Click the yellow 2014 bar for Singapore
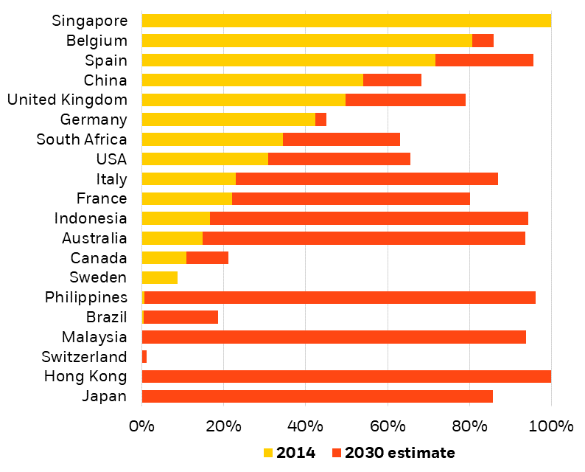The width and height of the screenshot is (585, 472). [x=346, y=21]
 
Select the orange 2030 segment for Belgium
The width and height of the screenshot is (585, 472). [x=483, y=41]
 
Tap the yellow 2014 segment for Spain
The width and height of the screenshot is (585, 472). [x=288, y=60]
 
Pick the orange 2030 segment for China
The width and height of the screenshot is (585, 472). [x=392, y=80]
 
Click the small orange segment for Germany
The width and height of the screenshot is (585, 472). [x=320, y=119]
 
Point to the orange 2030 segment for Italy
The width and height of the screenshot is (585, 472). [x=367, y=179]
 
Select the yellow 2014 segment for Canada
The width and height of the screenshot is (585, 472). [x=164, y=258]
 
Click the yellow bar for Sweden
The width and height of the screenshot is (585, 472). [x=159, y=278]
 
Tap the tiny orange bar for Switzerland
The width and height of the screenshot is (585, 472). [x=144, y=357]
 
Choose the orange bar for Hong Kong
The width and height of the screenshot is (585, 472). [x=346, y=377]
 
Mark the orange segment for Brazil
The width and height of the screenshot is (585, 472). [x=181, y=317]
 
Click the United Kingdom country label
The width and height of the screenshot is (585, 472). [x=67, y=100]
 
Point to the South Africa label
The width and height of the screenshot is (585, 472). [x=82, y=139]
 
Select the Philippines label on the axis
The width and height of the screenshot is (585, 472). [x=85, y=297]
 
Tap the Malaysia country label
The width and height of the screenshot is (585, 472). [x=94, y=337]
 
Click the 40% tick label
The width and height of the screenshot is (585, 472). [x=306, y=426]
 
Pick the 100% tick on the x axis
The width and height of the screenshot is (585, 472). [x=551, y=426]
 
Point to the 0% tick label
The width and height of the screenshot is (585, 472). [x=141, y=426]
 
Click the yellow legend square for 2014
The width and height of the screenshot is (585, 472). [x=267, y=453]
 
